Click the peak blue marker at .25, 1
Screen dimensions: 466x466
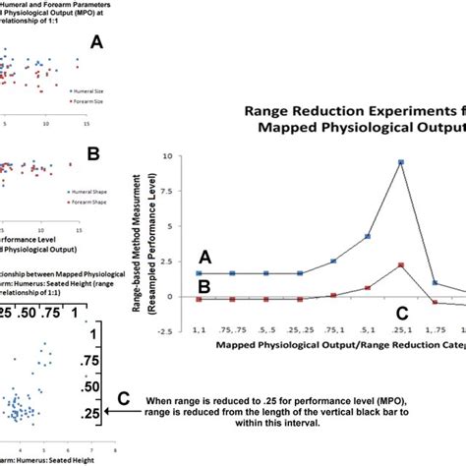[400, 162]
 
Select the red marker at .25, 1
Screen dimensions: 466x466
[400, 264]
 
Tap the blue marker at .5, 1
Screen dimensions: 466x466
[367, 236]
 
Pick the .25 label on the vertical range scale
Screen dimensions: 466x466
[88, 416]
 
